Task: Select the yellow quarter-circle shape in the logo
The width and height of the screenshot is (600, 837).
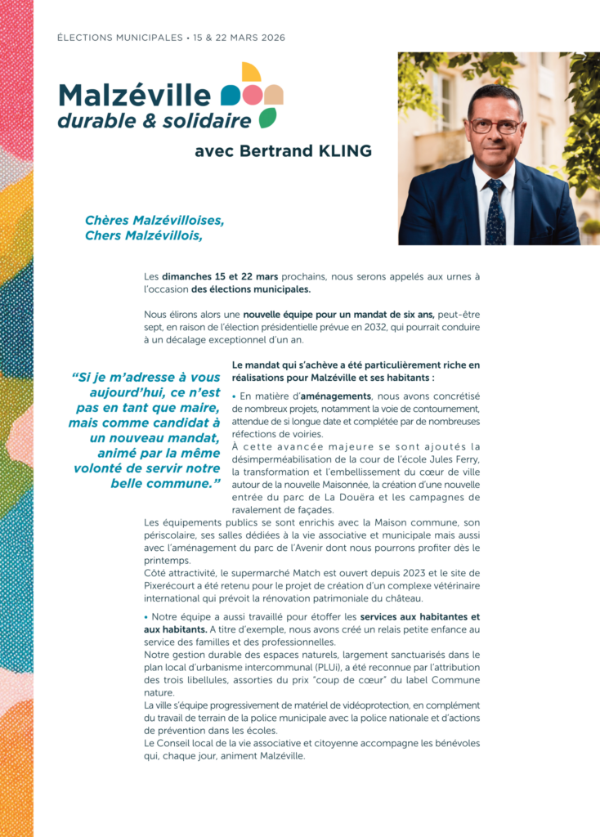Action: tap(251, 72)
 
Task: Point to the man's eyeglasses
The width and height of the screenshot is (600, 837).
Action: tap(495, 126)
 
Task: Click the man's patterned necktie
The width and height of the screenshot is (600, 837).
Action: tap(495, 211)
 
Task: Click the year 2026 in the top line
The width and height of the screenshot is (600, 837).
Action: tap(270, 38)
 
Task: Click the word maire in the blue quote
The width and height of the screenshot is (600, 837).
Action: tap(196, 408)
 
